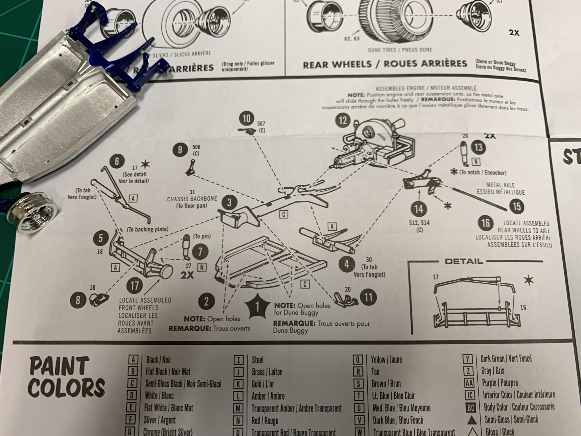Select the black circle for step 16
485,223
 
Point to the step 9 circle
180,150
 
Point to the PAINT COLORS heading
66,376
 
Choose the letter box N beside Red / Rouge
238,421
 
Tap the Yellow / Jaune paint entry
386,359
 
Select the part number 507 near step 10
261,124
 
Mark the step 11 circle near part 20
368,298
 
